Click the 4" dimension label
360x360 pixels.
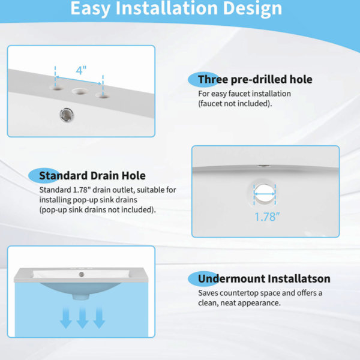pos(81,70)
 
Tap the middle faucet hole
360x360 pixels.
pos(80,91)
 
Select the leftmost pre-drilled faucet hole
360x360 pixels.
pos(57,88)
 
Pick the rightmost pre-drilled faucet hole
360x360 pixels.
pos(103,95)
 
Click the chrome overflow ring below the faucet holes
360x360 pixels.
pos(67,115)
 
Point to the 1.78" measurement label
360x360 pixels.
pos(267,217)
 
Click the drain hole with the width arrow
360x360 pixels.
pos(265,194)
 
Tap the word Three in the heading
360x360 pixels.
pos(212,79)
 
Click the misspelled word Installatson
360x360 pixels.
pos(299,278)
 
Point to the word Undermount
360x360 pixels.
pos(232,278)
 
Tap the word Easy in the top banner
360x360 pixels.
pos(91,9)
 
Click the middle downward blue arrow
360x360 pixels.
pos(82,318)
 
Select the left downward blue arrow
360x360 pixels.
pos(65,318)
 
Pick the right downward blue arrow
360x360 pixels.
pos(99,318)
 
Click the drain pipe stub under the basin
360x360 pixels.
pos(81,296)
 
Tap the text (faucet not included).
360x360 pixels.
pos(235,104)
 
